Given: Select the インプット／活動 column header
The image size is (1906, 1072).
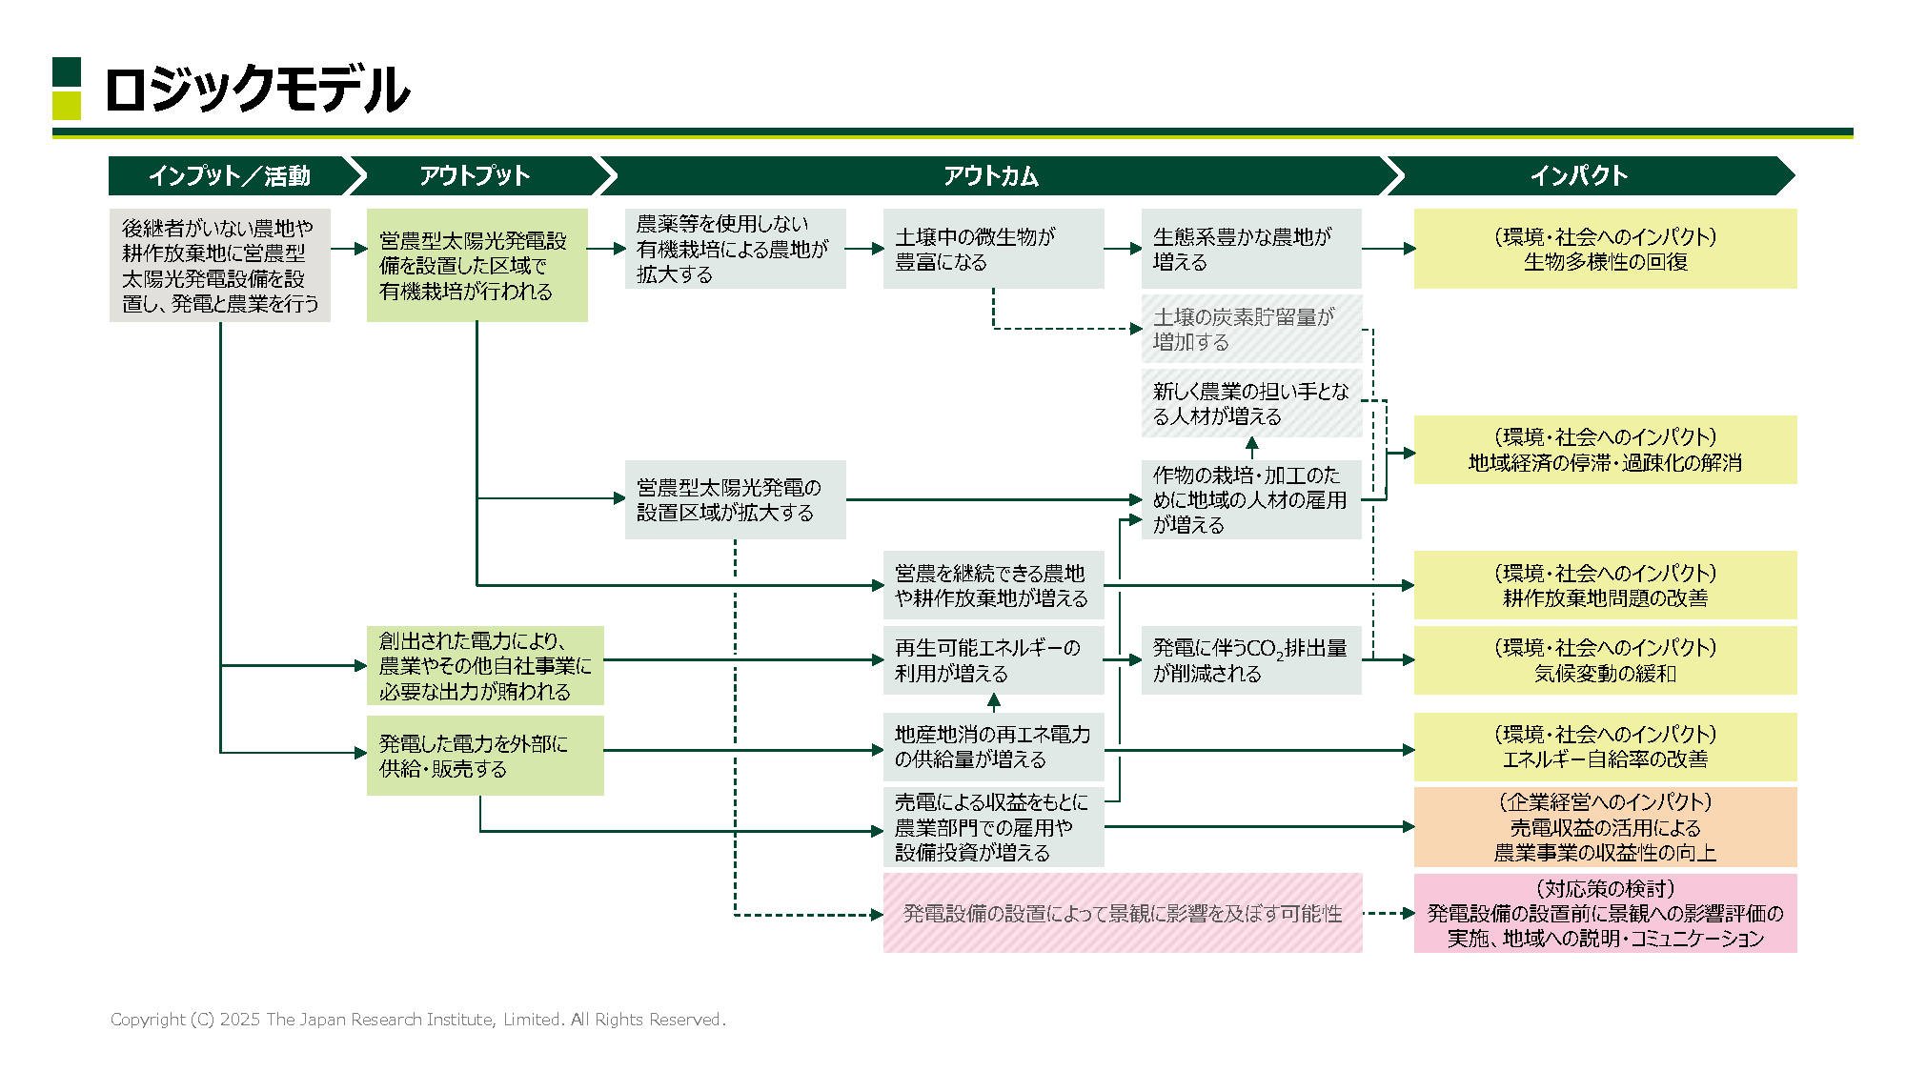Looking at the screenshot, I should click(229, 176).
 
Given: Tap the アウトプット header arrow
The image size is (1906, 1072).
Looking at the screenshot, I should click(475, 176).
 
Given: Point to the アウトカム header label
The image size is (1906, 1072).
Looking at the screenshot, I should click(991, 176).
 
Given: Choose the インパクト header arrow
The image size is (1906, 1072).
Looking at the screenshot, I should click(1579, 176).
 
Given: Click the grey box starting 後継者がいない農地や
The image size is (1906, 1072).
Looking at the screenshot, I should click(219, 265).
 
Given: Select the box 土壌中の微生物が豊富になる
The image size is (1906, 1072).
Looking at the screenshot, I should click(993, 249).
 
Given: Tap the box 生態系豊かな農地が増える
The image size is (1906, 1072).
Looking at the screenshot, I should click(1251, 249).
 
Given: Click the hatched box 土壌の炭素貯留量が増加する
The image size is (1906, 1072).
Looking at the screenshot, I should click(1251, 329).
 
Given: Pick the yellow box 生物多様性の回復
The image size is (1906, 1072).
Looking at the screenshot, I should click(1605, 249).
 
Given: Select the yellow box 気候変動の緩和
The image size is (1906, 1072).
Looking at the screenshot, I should click(1605, 660).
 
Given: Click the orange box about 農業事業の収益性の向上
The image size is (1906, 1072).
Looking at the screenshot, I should click(1605, 827).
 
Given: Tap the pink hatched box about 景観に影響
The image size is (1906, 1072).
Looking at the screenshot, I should click(1122, 913).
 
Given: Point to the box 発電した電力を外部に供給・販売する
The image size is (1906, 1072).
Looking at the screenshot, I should click(484, 756).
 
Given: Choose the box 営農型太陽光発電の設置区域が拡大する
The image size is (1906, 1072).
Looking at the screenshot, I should click(735, 499).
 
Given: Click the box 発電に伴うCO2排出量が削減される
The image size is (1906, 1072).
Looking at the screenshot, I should click(1251, 660).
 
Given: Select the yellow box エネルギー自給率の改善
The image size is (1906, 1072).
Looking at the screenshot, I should click(1605, 747).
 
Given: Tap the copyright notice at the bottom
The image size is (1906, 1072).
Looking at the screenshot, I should click(417, 1020).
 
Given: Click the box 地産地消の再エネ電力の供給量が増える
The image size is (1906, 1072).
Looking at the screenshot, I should click(993, 747).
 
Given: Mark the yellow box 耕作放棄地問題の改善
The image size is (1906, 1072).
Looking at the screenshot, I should click(1605, 585).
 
